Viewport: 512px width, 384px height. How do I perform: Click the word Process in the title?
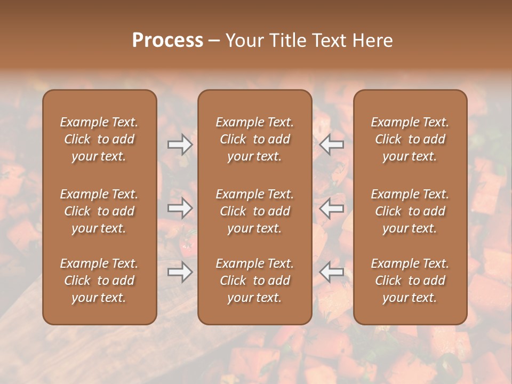(x=167, y=40)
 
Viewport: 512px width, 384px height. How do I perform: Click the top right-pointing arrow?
(x=180, y=144)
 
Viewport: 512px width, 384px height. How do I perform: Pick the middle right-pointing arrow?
(x=180, y=208)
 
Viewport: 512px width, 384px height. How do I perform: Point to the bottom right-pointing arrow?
(x=180, y=272)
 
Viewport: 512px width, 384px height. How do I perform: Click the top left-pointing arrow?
(x=332, y=144)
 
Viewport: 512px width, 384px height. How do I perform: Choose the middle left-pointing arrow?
(x=332, y=208)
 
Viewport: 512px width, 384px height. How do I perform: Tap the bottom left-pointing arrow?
(x=332, y=272)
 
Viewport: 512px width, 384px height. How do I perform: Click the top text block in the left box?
(x=99, y=139)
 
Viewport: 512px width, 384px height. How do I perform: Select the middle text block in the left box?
(x=99, y=211)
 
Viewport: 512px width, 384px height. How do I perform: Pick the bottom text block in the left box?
(x=99, y=281)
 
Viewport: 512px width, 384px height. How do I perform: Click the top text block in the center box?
(x=255, y=139)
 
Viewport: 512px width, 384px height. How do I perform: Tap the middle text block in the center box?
(x=255, y=211)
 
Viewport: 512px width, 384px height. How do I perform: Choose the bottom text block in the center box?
(x=255, y=281)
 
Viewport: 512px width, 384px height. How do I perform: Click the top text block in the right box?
(x=410, y=139)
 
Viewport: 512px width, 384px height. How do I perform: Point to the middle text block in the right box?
(x=410, y=211)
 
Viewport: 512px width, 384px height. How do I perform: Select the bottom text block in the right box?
(x=410, y=281)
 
